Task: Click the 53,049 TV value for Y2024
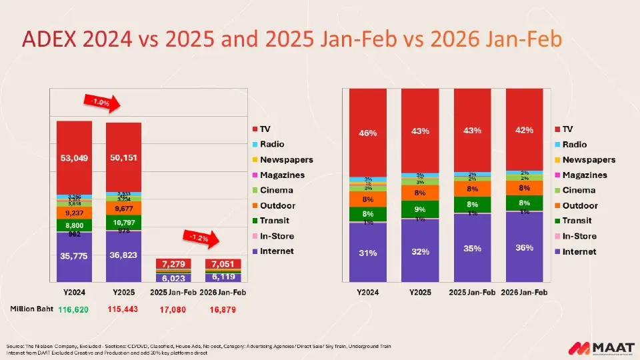[x=74, y=158]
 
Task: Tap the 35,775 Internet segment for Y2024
[x=74, y=257]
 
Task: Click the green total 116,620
[x=73, y=309]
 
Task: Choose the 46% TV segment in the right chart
[x=368, y=133]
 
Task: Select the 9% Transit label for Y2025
[x=420, y=209]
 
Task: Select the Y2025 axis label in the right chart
[x=420, y=293]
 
